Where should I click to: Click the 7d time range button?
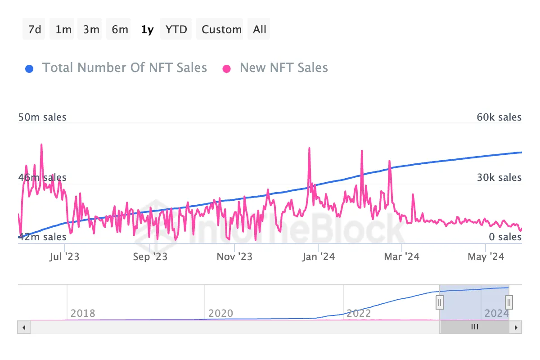pyautogui.click(x=34, y=30)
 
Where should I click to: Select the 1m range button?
pyautogui.click(x=63, y=30)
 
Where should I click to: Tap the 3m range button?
pyautogui.click(x=91, y=30)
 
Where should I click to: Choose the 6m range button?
pyautogui.click(x=120, y=30)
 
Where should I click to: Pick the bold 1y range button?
pyautogui.click(x=147, y=30)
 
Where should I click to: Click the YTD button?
pyautogui.click(x=176, y=30)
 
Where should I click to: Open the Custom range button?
pyautogui.click(x=221, y=30)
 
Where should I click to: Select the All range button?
pyautogui.click(x=260, y=30)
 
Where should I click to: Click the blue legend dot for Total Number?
pyautogui.click(x=29, y=69)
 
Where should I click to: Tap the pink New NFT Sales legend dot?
pyautogui.click(x=227, y=69)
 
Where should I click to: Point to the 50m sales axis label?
pyautogui.click(x=42, y=117)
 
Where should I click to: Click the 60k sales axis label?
pyautogui.click(x=499, y=117)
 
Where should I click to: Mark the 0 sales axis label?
pyautogui.click(x=505, y=237)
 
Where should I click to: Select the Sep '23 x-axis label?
pyautogui.click(x=150, y=257)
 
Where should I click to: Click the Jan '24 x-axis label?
pyautogui.click(x=318, y=257)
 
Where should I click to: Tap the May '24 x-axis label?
pyautogui.click(x=486, y=257)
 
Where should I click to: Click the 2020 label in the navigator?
pyautogui.click(x=221, y=313)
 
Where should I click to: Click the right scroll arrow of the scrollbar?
pyautogui.click(x=516, y=327)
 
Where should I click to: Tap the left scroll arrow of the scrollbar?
pyautogui.click(x=24, y=327)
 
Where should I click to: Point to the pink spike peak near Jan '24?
pyautogui.click(x=310, y=148)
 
